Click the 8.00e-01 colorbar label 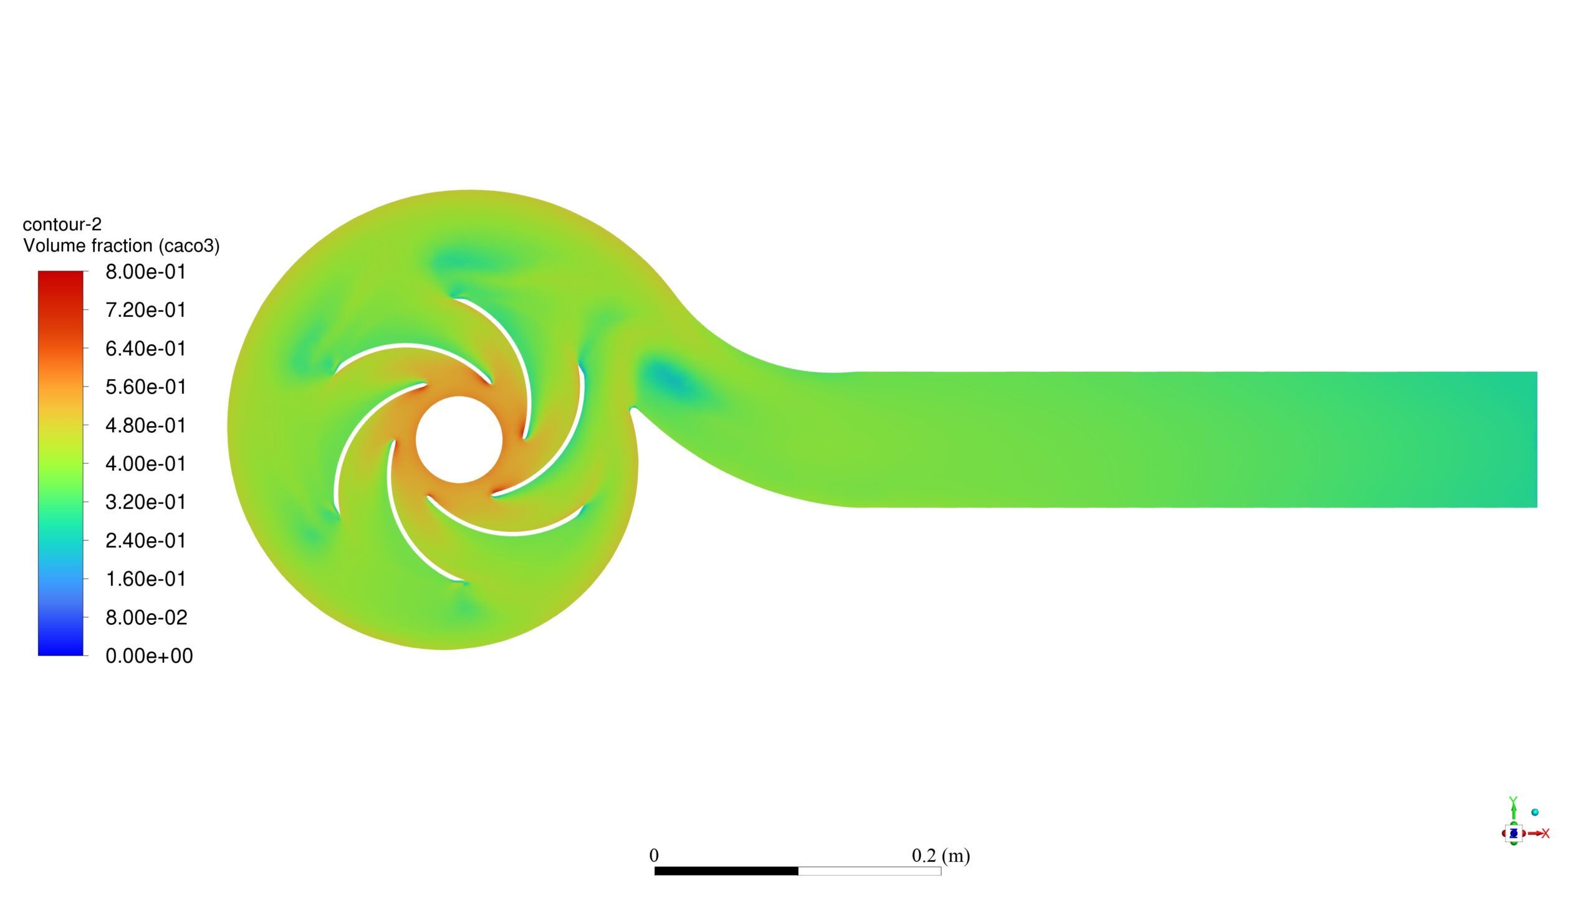(145, 272)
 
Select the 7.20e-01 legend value (145, 310)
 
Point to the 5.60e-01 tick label (145, 387)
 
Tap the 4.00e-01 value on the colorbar (145, 464)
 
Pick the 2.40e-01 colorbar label (145, 541)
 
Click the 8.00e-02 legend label (146, 617)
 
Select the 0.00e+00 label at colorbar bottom (149, 656)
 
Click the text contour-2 (62, 224)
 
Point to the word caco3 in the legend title (189, 246)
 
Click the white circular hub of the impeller (459, 440)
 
